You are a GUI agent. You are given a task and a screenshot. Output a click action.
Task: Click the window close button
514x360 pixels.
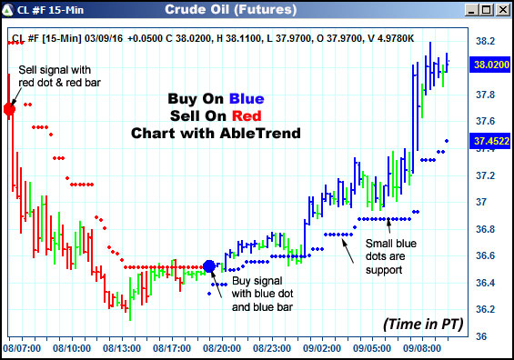pos(501,11)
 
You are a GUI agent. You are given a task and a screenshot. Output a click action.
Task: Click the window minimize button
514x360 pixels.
pos(469,11)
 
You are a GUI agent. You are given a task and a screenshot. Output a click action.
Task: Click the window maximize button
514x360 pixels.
pos(485,11)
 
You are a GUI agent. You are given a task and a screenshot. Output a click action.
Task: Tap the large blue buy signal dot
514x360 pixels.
pos(209,266)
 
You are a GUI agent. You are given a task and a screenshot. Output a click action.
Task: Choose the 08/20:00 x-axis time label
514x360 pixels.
pos(223,347)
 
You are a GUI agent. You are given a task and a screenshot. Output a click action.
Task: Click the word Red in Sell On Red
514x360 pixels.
pos(246,116)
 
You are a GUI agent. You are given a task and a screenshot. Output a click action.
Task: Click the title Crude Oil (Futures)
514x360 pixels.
pos(230,11)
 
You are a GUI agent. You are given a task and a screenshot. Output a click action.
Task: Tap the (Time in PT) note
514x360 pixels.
pos(420,324)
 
